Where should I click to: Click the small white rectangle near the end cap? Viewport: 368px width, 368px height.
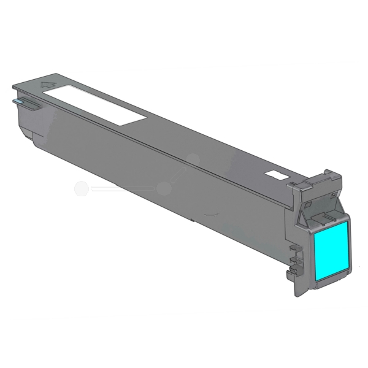[277, 176]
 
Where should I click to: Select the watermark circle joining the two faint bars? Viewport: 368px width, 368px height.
[163, 189]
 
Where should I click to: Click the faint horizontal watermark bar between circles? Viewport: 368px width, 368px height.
[122, 190]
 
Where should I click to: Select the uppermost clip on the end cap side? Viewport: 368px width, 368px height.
[294, 247]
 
